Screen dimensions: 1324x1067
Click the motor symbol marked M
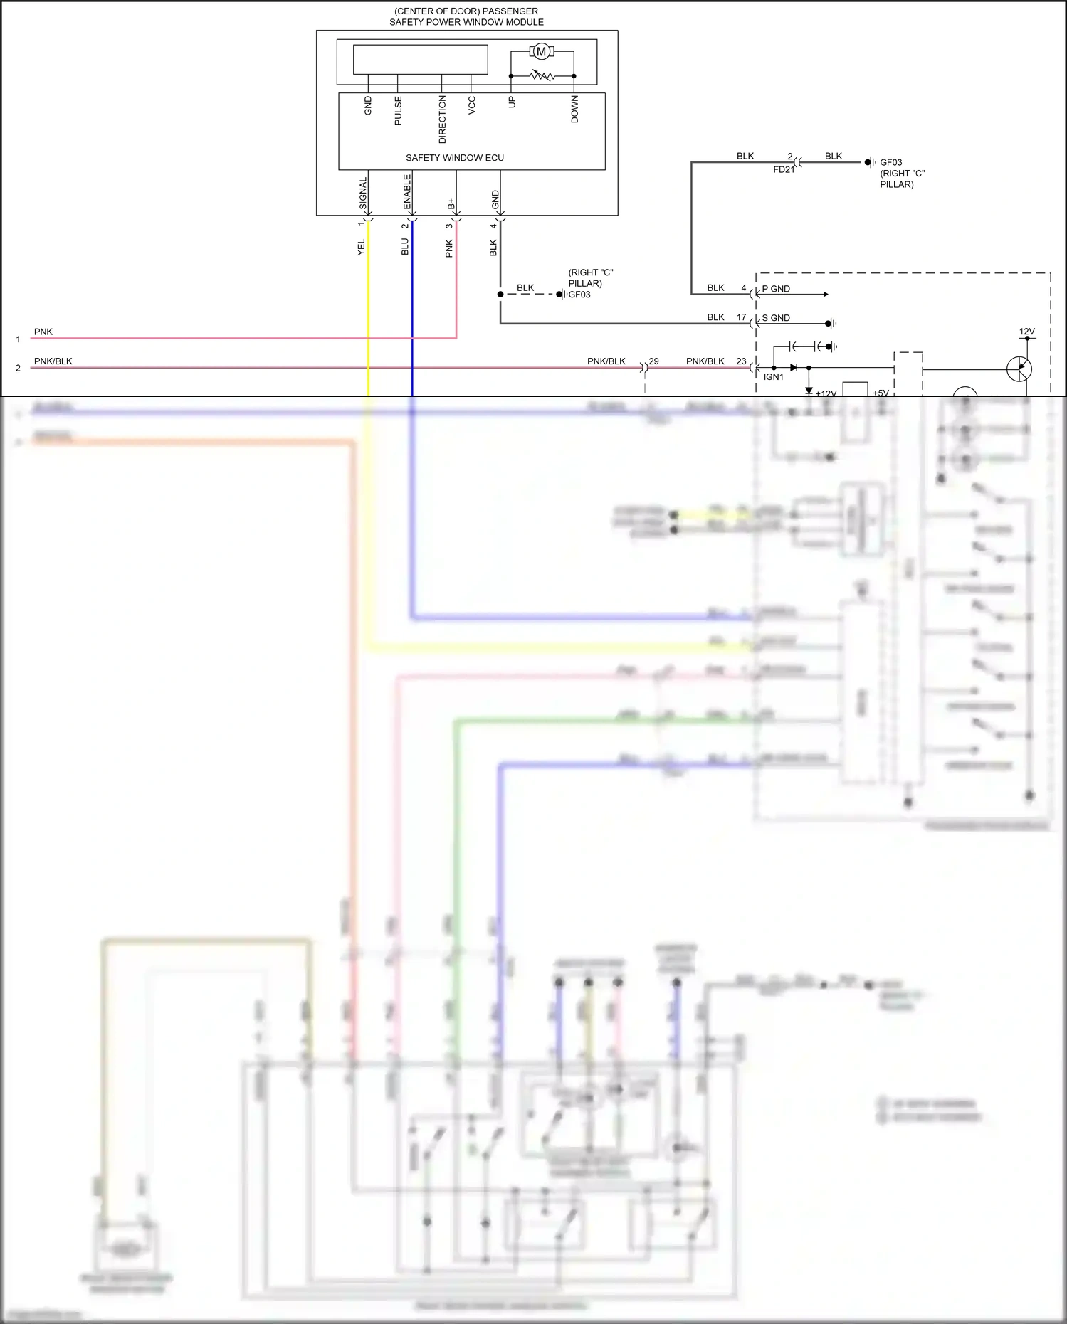pos(541,51)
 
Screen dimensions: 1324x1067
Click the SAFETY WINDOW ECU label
pos(454,158)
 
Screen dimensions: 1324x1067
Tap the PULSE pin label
pos(398,111)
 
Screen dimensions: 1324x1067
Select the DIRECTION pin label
pos(442,120)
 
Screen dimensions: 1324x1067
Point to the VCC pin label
pos(471,105)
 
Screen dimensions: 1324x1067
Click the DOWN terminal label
pos(574,110)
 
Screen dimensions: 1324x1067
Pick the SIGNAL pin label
pos(363,194)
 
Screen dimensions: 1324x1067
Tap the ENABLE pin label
pos(407,192)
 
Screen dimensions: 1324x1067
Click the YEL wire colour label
pos(361,247)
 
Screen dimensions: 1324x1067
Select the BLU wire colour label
pos(405,246)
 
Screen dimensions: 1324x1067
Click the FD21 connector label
pos(783,170)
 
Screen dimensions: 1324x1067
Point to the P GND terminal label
pos(776,289)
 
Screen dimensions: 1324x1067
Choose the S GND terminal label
pos(776,318)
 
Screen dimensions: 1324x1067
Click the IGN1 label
pos(773,377)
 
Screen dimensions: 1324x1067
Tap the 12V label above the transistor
pos(1026,332)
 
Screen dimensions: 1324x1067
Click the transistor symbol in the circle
pos(1019,369)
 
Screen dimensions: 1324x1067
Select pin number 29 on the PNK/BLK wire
pos(653,361)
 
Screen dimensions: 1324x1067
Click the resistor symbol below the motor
pos(542,75)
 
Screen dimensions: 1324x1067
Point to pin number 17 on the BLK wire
pos(741,317)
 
